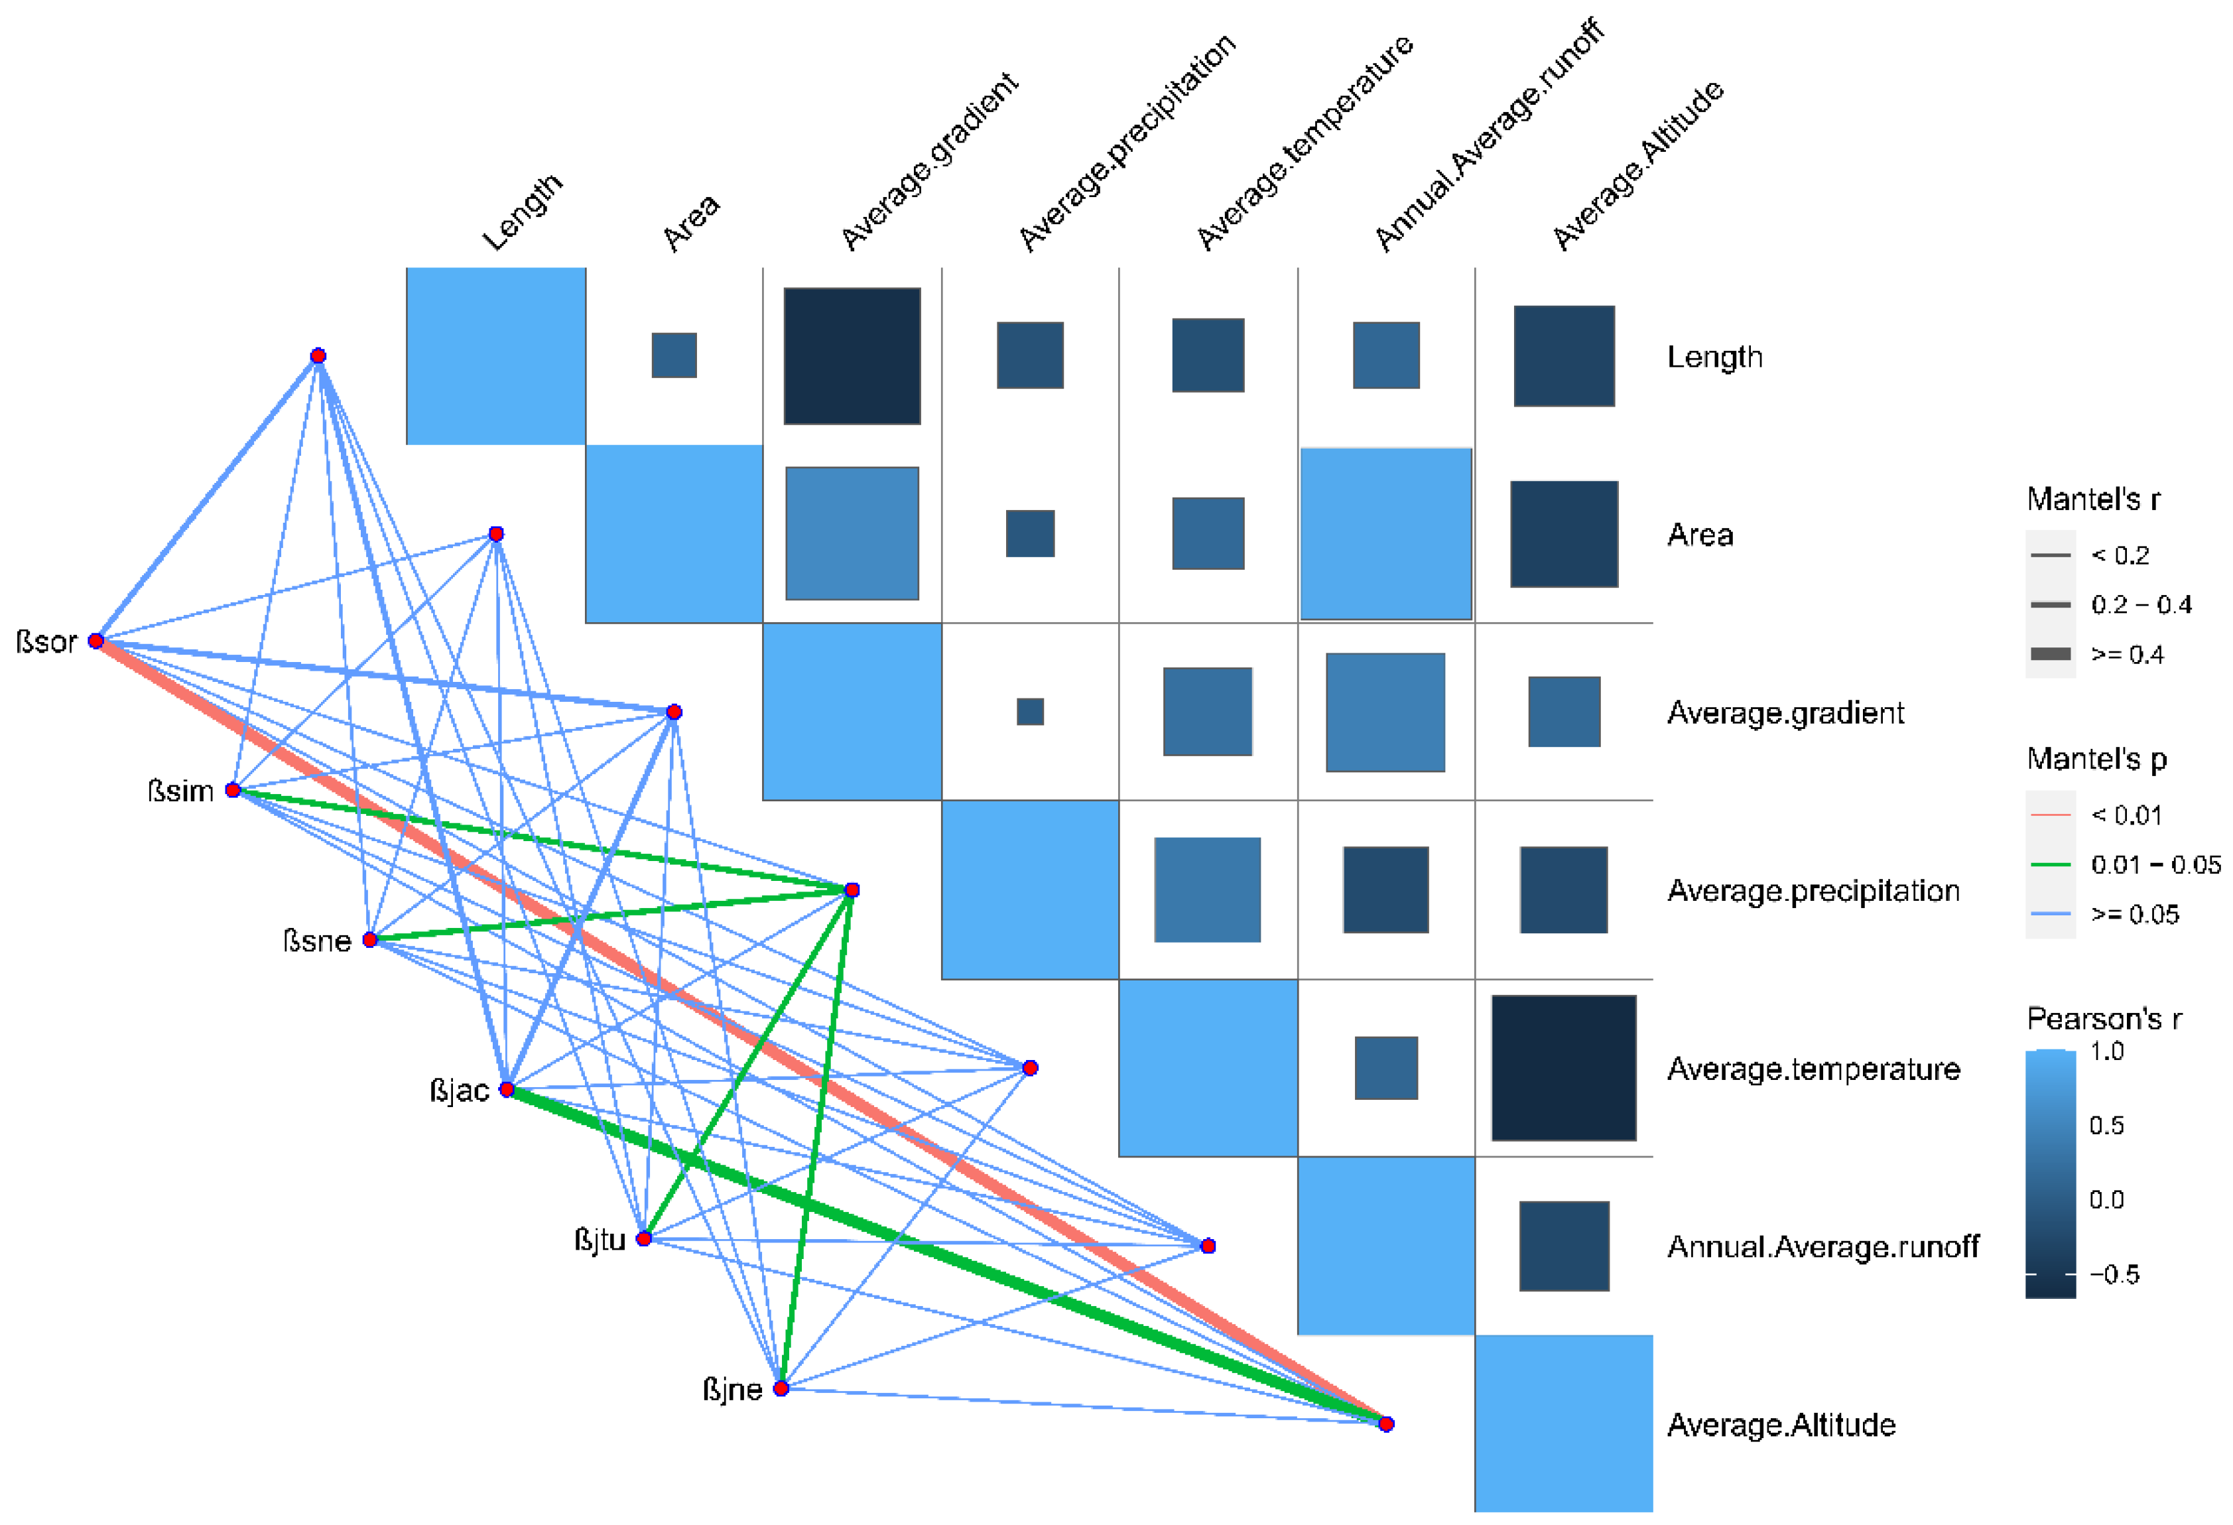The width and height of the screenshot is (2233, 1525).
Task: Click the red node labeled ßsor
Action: tap(96, 641)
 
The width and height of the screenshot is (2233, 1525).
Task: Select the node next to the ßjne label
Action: tap(781, 1388)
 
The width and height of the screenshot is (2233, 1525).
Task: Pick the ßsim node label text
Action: tap(180, 791)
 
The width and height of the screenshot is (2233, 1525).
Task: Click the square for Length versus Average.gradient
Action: tap(852, 356)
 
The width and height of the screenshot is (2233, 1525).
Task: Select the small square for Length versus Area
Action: tap(674, 356)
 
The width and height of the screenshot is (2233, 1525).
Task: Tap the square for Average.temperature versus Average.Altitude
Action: tap(1563, 1067)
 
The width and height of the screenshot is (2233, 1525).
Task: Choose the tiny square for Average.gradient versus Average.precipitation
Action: tap(1030, 712)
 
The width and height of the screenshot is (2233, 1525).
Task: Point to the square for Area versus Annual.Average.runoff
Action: tap(1385, 534)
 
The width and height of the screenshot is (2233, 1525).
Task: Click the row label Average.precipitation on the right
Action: tap(1813, 891)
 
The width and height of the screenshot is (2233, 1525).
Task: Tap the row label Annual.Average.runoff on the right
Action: tap(1822, 1246)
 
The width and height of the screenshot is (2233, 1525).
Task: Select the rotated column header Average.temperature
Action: tap(1304, 142)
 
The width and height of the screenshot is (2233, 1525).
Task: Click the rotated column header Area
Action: tap(691, 222)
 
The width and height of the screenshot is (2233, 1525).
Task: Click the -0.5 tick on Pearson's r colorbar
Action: tap(2113, 1274)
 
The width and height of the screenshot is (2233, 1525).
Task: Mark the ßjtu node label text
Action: tap(600, 1240)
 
